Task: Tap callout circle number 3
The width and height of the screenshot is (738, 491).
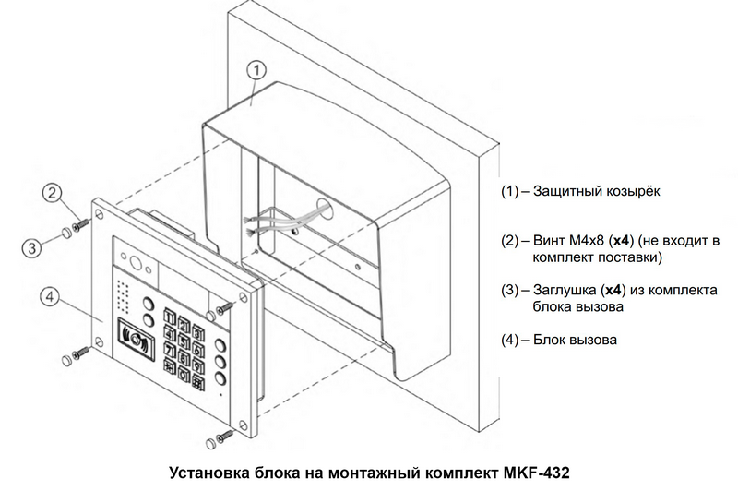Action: point(30,247)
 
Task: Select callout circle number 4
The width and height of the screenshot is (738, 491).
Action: point(51,297)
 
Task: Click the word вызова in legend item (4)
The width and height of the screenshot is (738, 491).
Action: point(595,340)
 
